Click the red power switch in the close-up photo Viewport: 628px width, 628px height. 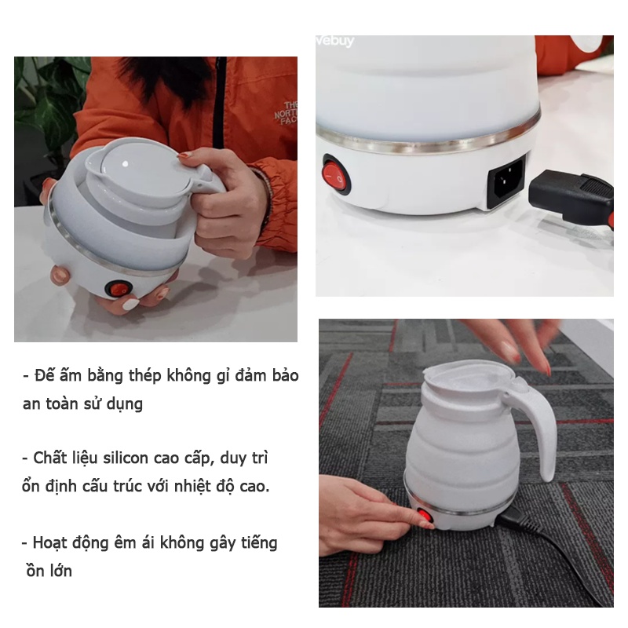point(337,174)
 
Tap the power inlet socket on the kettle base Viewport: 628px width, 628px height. point(507,181)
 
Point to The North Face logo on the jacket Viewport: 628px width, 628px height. point(287,113)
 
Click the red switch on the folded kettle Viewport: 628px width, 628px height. point(119,289)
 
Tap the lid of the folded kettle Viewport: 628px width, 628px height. point(141,168)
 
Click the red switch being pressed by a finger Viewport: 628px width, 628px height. point(425,516)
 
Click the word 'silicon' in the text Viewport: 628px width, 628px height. point(126,458)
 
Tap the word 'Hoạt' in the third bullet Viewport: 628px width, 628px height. point(50,543)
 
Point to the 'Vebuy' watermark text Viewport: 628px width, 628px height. point(335,41)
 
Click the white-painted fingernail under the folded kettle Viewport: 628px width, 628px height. point(130,305)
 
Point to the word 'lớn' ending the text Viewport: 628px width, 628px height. point(61,571)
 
